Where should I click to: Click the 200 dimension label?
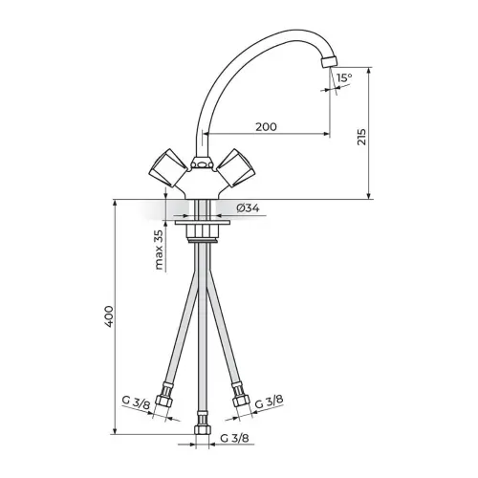[x=266, y=127]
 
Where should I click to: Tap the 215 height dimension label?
[x=361, y=137]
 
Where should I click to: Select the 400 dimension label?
[x=109, y=316]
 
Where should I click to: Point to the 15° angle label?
[x=344, y=77]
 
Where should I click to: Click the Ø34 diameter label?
[x=248, y=208]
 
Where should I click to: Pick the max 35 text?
[x=159, y=250]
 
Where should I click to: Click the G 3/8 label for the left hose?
[x=136, y=402]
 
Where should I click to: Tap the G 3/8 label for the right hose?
[x=270, y=402]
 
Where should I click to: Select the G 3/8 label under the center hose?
[x=234, y=438]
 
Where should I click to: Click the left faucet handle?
[x=168, y=168]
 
